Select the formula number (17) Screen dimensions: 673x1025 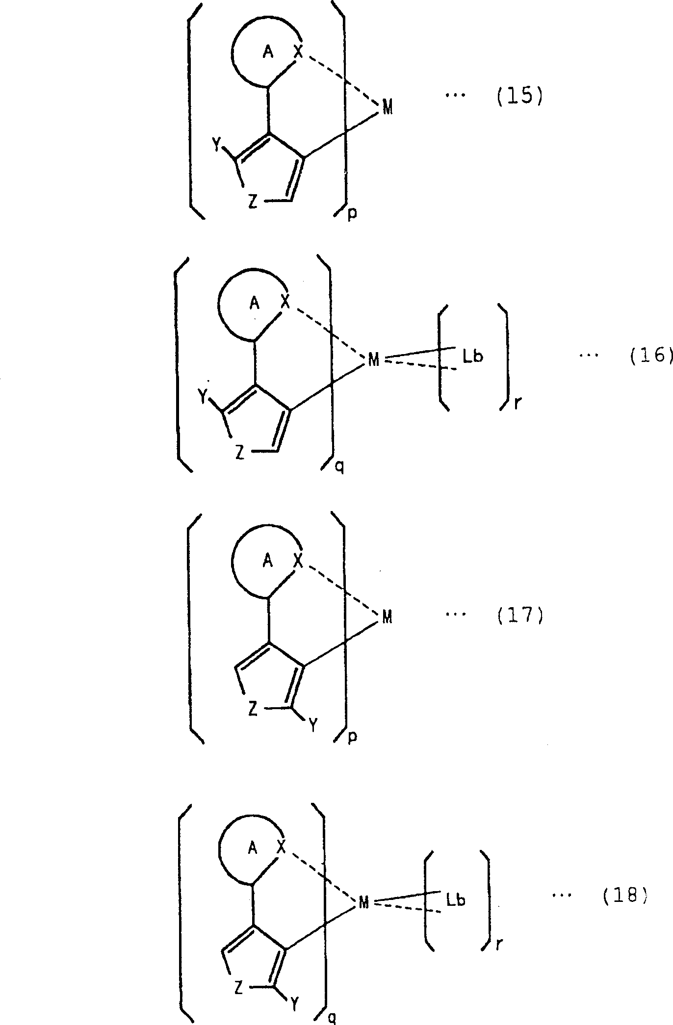pos(520,615)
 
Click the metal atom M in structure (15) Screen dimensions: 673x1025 pos(388,108)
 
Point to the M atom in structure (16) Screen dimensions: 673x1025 pos(374,360)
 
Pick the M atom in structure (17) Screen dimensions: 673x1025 pos(387,617)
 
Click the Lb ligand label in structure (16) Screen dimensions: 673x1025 pos(472,357)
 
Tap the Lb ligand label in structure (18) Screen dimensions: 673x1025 pos(456,900)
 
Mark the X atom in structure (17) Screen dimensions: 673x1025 pos(298,561)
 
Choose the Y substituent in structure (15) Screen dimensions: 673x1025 pos(216,145)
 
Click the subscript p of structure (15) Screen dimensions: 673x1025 pos(352,214)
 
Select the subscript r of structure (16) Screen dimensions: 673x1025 pos(518,407)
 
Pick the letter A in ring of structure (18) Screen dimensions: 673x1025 pos(253,848)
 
